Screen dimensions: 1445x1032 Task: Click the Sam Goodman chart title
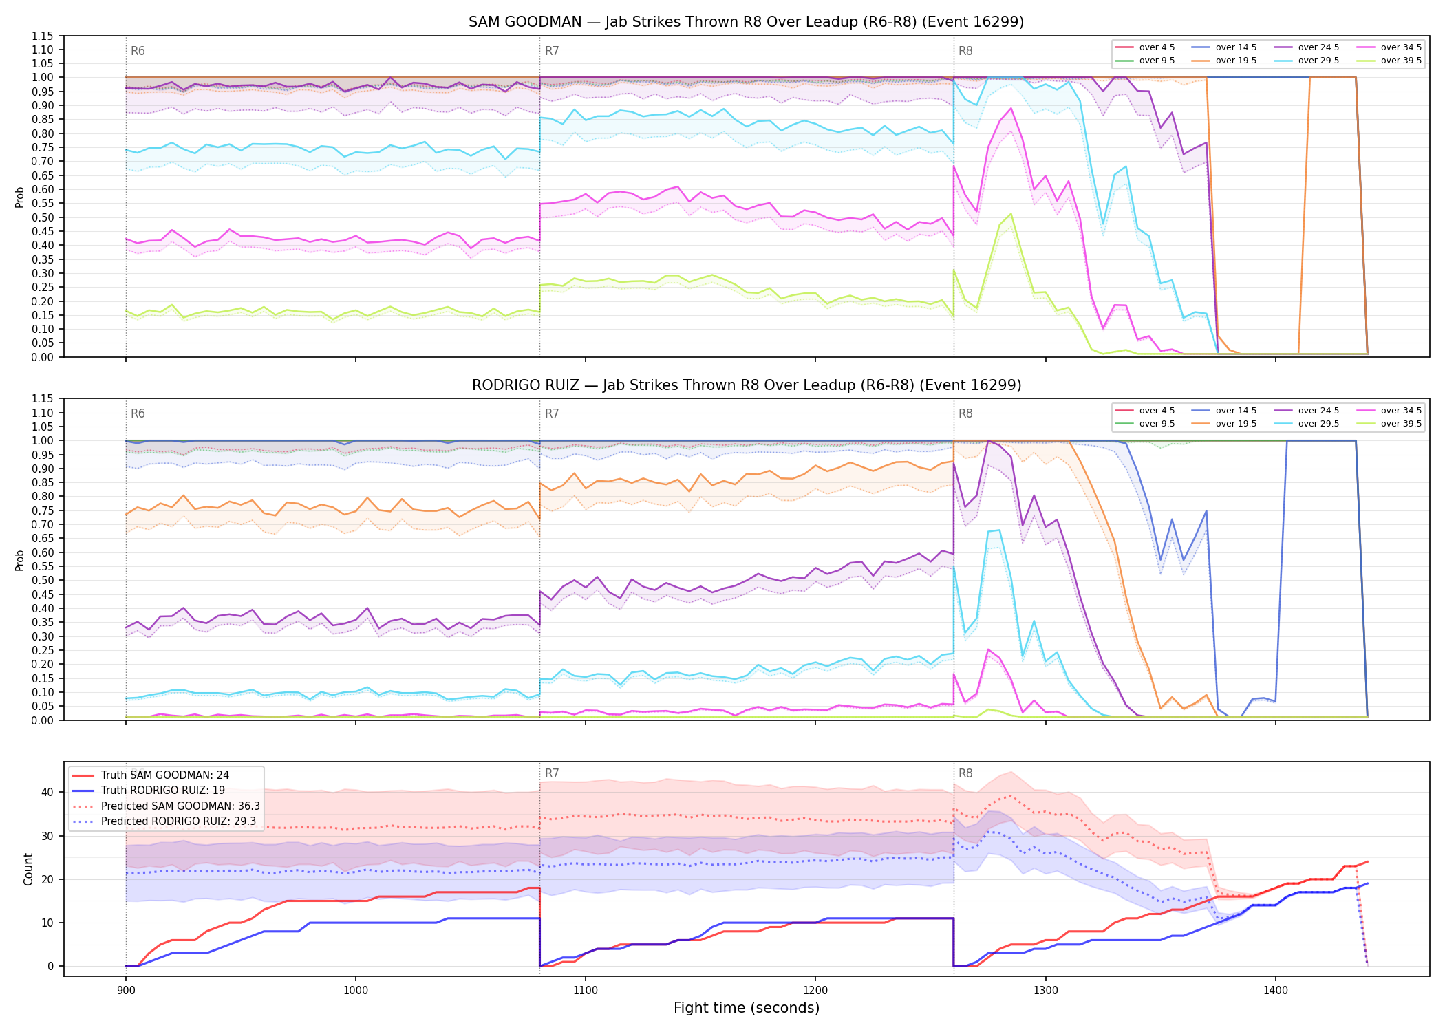coord(746,22)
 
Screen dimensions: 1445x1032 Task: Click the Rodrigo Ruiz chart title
coord(746,385)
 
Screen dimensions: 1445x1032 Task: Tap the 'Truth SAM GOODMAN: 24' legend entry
coord(151,775)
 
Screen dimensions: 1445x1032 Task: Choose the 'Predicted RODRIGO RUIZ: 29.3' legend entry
coord(166,821)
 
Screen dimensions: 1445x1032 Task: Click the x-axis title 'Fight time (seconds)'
coord(747,1008)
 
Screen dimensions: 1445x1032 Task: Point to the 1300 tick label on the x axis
coord(1045,990)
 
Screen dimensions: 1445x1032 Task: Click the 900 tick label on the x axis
coord(125,990)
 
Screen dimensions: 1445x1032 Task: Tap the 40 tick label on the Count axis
coord(47,792)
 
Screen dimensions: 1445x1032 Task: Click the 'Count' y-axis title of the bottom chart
coord(28,869)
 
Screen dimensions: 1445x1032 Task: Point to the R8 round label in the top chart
coord(965,51)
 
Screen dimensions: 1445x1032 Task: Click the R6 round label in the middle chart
coord(138,413)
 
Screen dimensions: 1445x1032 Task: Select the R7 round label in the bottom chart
coord(552,773)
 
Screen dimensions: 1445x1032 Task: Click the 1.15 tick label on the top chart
coord(43,36)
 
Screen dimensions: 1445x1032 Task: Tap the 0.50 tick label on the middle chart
coord(43,580)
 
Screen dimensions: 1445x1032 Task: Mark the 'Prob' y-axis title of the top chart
coord(20,197)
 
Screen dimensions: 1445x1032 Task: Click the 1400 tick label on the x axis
coord(1275,990)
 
